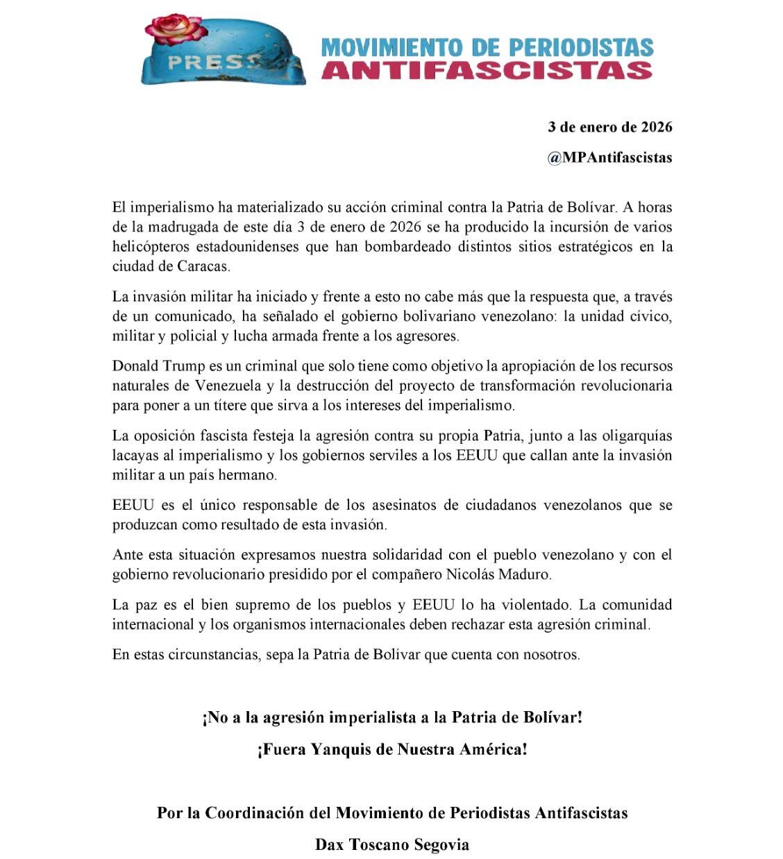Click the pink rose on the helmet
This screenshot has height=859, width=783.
pyautogui.click(x=176, y=30)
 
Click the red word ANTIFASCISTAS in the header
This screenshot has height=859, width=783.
pyautogui.click(x=487, y=70)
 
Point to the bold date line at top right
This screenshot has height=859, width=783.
pyautogui.click(x=609, y=127)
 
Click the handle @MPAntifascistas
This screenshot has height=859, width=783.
pyautogui.click(x=609, y=158)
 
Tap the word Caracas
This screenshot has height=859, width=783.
pyautogui.click(x=208, y=266)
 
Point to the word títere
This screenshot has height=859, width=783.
pyautogui.click(x=214, y=405)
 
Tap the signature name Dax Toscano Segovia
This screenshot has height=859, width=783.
pyautogui.click(x=392, y=844)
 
